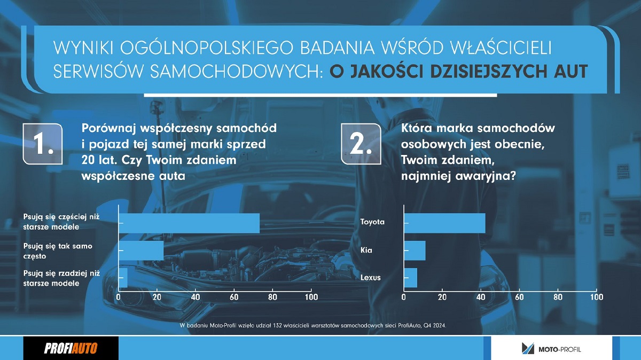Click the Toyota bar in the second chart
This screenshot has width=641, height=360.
445,223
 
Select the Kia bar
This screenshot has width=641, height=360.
415,251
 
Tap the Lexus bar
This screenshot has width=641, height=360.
411,278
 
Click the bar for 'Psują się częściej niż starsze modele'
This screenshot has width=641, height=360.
189,223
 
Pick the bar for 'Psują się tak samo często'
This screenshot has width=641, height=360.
142,251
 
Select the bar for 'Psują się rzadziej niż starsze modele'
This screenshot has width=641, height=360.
123,278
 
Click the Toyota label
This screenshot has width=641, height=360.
372,222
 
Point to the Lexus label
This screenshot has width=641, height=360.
371,278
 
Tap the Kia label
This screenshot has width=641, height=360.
366,251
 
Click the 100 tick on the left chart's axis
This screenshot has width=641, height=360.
311,297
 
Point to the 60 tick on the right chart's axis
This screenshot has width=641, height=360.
519,297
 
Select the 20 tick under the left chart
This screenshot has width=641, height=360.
157,297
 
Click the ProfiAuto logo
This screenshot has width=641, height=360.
71,348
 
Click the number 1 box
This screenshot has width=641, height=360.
43,144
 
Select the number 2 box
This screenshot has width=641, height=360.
361,144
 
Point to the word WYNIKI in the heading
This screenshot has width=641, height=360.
83,47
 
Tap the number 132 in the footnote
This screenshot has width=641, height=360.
278,326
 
